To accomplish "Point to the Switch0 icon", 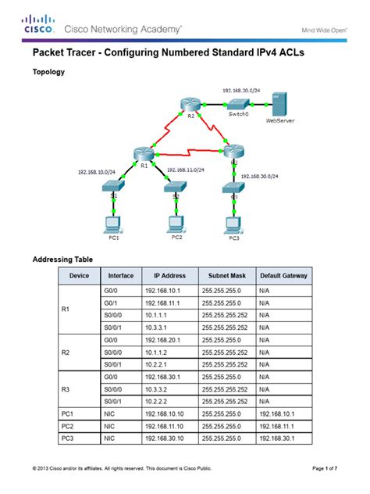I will pos(238,104).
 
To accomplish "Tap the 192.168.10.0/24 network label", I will pos(96,172).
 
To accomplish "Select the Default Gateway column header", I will pos(283,275).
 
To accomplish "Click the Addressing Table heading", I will pos(62,258).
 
